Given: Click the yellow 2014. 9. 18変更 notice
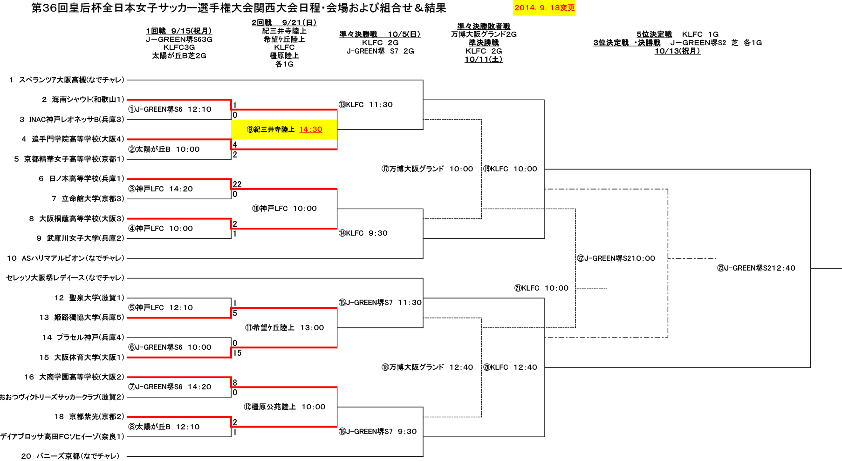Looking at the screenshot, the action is (544, 8).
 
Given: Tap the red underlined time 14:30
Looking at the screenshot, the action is (311, 129).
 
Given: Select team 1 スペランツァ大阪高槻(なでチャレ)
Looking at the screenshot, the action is (67, 80).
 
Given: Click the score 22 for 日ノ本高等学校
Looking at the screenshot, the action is (237, 184).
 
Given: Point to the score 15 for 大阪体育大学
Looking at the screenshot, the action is (237, 353).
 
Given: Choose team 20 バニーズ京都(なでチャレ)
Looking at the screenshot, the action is (70, 456).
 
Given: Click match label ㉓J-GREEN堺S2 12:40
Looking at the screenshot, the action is (756, 268).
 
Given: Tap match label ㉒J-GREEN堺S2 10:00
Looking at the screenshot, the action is (616, 258).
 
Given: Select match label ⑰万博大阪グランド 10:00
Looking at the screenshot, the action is (427, 169).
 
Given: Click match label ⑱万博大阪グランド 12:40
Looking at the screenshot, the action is (427, 367).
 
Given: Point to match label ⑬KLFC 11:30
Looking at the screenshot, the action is (366, 104).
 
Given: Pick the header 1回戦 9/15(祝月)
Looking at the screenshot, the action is (179, 31).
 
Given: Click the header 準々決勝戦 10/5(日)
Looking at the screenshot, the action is (380, 34).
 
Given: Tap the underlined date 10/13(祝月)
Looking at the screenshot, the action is (678, 51).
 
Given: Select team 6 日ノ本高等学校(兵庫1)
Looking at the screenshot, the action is (82, 178).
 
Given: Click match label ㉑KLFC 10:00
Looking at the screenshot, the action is (541, 288).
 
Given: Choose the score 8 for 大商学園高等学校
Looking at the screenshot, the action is (235, 383).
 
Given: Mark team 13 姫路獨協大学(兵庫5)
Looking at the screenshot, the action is (82, 317).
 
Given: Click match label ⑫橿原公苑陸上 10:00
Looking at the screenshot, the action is (284, 407).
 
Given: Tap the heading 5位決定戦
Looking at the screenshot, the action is (654, 34).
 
